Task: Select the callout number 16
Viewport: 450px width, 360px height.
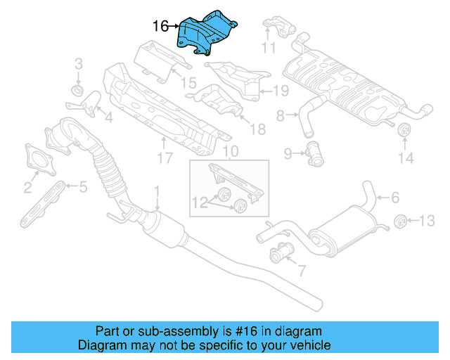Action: click(160, 27)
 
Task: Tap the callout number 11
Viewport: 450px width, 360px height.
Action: click(268, 48)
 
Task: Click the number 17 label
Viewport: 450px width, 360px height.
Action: click(165, 159)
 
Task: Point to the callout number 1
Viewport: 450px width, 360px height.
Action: click(157, 191)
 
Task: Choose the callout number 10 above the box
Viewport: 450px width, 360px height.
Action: click(230, 151)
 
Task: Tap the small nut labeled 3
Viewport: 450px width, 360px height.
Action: click(78, 91)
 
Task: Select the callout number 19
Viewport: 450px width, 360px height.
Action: click(281, 90)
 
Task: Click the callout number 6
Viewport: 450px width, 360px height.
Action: click(394, 198)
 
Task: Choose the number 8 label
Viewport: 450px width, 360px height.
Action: click(280, 115)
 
